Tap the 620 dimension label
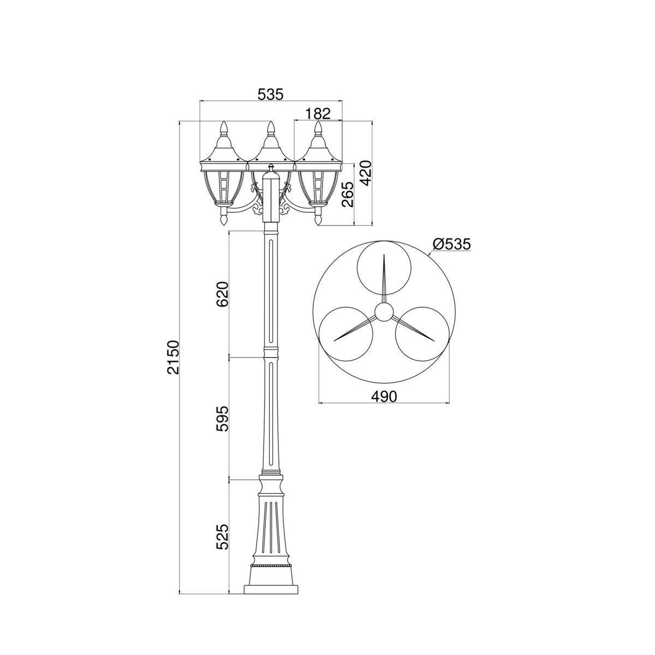pos(222,294)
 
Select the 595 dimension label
pos(222,419)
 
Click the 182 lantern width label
pos(318,113)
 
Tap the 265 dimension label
pos(348,195)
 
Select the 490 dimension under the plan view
pos(384,396)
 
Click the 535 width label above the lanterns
pos(270,94)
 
